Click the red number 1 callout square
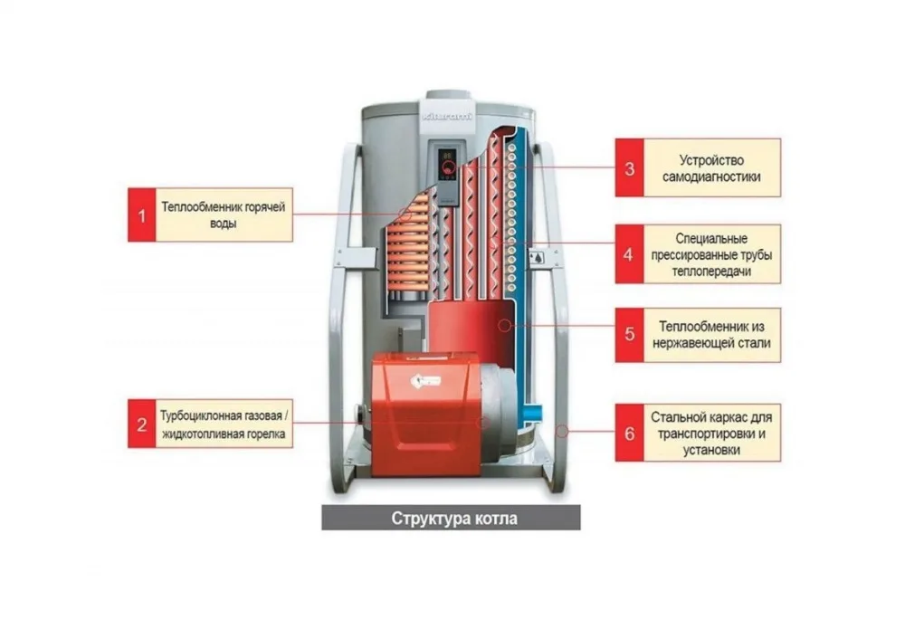(142, 215)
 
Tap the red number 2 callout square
(142, 424)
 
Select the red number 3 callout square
(630, 167)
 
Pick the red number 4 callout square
(630, 254)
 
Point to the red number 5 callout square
(630, 335)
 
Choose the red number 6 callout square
(630, 433)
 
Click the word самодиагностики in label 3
(711, 176)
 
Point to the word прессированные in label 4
(687, 255)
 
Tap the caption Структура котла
(454, 519)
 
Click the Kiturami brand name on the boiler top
(447, 117)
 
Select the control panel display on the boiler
(447, 163)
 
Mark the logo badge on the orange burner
(425, 381)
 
